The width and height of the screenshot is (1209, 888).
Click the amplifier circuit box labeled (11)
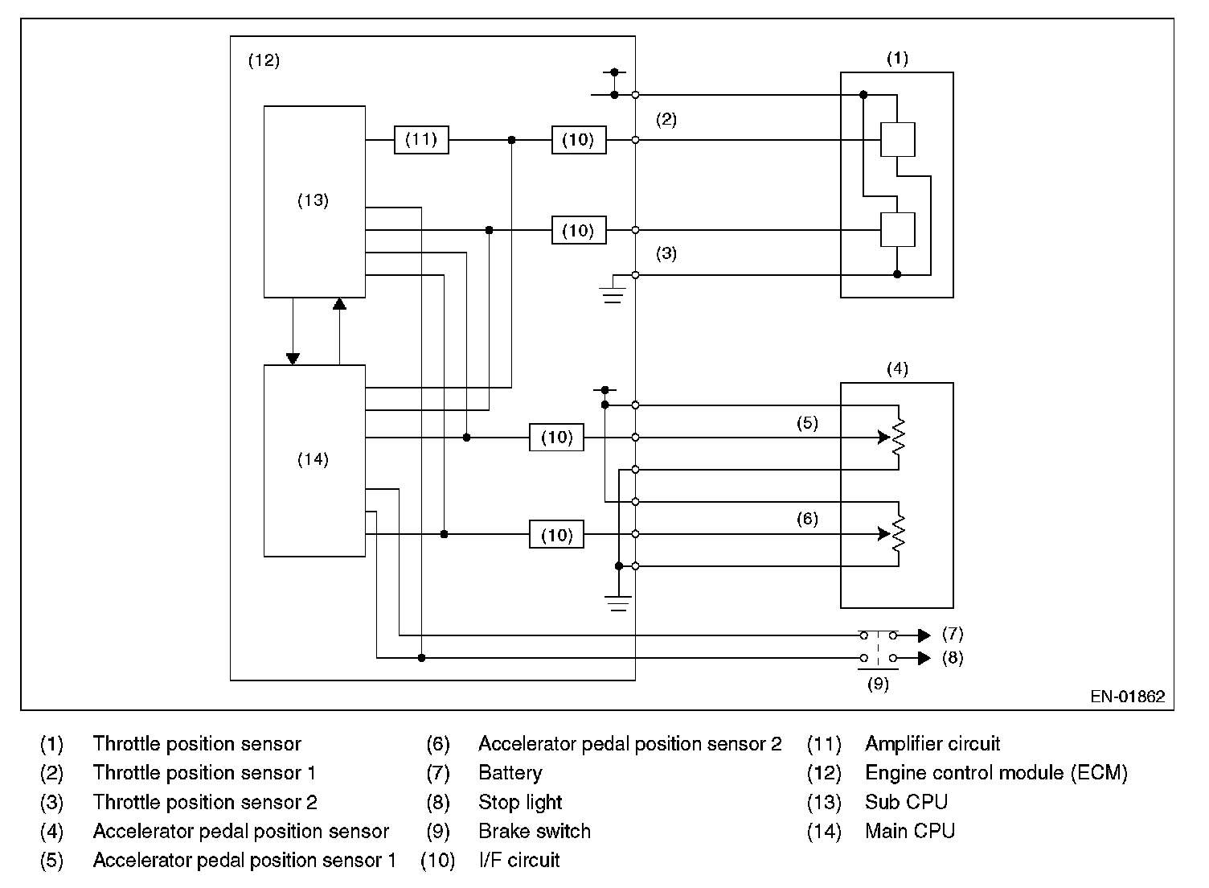coord(421,140)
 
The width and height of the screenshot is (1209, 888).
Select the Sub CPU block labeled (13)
coord(314,201)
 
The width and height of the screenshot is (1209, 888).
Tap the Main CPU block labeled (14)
coord(314,461)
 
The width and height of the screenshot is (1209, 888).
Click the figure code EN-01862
coord(1128,697)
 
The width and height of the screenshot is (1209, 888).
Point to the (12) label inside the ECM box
coord(264,60)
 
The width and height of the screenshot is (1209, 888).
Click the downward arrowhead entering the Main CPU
coord(293,359)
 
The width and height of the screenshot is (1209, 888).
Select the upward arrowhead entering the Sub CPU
coord(339,304)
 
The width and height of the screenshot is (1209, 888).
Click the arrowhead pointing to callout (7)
coord(924,635)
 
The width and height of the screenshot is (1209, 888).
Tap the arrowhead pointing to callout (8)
coord(924,658)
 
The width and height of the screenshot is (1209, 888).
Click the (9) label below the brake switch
coord(878,684)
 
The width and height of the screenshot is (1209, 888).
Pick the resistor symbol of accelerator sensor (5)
coord(899,437)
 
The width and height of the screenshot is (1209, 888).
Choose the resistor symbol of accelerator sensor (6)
coord(899,533)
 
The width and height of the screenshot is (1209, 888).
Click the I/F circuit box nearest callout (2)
coord(579,140)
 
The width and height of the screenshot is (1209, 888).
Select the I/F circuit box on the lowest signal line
coord(556,534)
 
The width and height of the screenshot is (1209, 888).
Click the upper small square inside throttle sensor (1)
coord(898,139)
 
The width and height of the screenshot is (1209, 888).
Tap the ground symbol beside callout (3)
coord(613,295)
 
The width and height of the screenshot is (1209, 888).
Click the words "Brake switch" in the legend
coord(535,831)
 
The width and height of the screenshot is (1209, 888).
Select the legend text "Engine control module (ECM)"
coord(996,772)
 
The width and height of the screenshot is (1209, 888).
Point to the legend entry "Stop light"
coord(520,802)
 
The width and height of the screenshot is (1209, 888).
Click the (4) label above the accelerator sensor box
coord(898,369)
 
